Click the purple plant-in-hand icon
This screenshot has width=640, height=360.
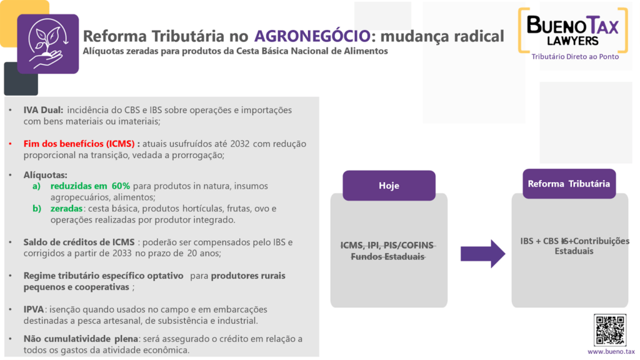pos(47,44)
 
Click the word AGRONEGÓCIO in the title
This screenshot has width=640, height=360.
pos(312,36)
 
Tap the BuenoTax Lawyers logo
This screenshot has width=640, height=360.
pos(573,31)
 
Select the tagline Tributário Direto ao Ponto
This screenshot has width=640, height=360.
pos(575,57)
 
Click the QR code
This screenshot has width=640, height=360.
pos(610,330)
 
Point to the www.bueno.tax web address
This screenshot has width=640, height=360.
pos(611,351)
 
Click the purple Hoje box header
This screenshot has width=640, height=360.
pos(389,186)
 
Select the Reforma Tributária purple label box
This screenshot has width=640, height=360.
pos(569,184)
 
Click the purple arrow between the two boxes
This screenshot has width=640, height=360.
pos(483,254)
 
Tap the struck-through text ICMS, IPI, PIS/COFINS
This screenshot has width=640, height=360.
pos(387,245)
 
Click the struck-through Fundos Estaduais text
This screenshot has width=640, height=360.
pos(387,257)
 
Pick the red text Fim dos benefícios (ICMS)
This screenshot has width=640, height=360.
pos(79,144)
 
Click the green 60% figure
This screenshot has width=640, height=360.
pos(121,186)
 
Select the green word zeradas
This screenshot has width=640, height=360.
pos(66,209)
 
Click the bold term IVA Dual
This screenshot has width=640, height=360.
pos(43,110)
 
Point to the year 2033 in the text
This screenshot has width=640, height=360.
pos(122,254)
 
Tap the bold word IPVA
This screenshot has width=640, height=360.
pos(34,309)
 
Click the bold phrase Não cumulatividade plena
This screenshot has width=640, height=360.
pos(81,339)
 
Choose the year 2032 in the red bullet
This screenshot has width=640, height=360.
pos(240,144)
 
